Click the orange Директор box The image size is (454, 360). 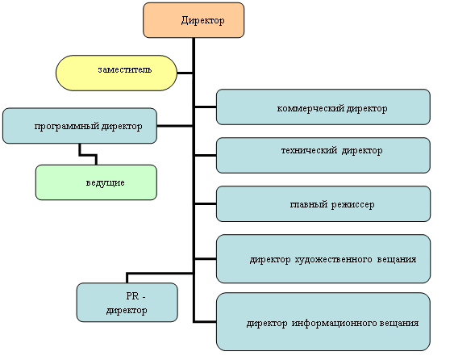tap(194, 20)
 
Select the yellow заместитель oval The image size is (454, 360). tap(116, 73)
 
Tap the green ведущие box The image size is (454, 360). tap(96, 182)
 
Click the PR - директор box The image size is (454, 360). tap(127, 303)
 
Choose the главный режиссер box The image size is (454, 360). tap(323, 204)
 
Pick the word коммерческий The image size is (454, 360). tap(310, 108)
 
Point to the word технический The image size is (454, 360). tap(309, 150)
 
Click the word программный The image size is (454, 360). tap(66, 127)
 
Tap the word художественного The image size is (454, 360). tap(333, 259)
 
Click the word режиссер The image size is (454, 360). tap(352, 205)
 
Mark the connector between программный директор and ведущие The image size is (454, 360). tap(88, 155)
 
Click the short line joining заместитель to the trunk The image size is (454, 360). tap(185, 73)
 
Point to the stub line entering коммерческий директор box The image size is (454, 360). tap(206, 107)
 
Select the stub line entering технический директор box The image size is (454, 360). tap(206, 156)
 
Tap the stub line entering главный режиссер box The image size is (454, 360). tap(206, 204)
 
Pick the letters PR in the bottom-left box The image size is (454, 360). tap(132, 296)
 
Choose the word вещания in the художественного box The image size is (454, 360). tap(397, 259)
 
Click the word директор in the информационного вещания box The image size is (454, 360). tap(267, 323)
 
